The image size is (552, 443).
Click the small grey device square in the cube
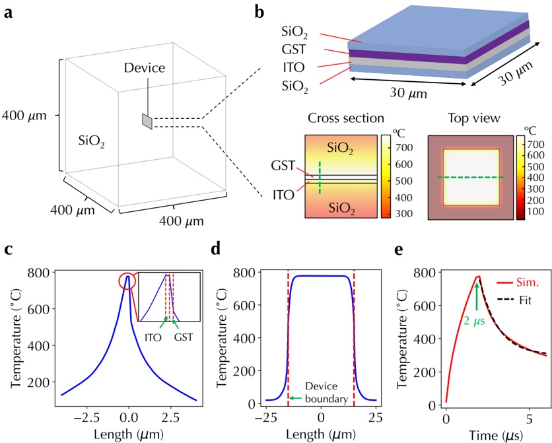147,121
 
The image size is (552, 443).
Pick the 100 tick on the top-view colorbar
535,212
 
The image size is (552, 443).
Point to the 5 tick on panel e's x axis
530,418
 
